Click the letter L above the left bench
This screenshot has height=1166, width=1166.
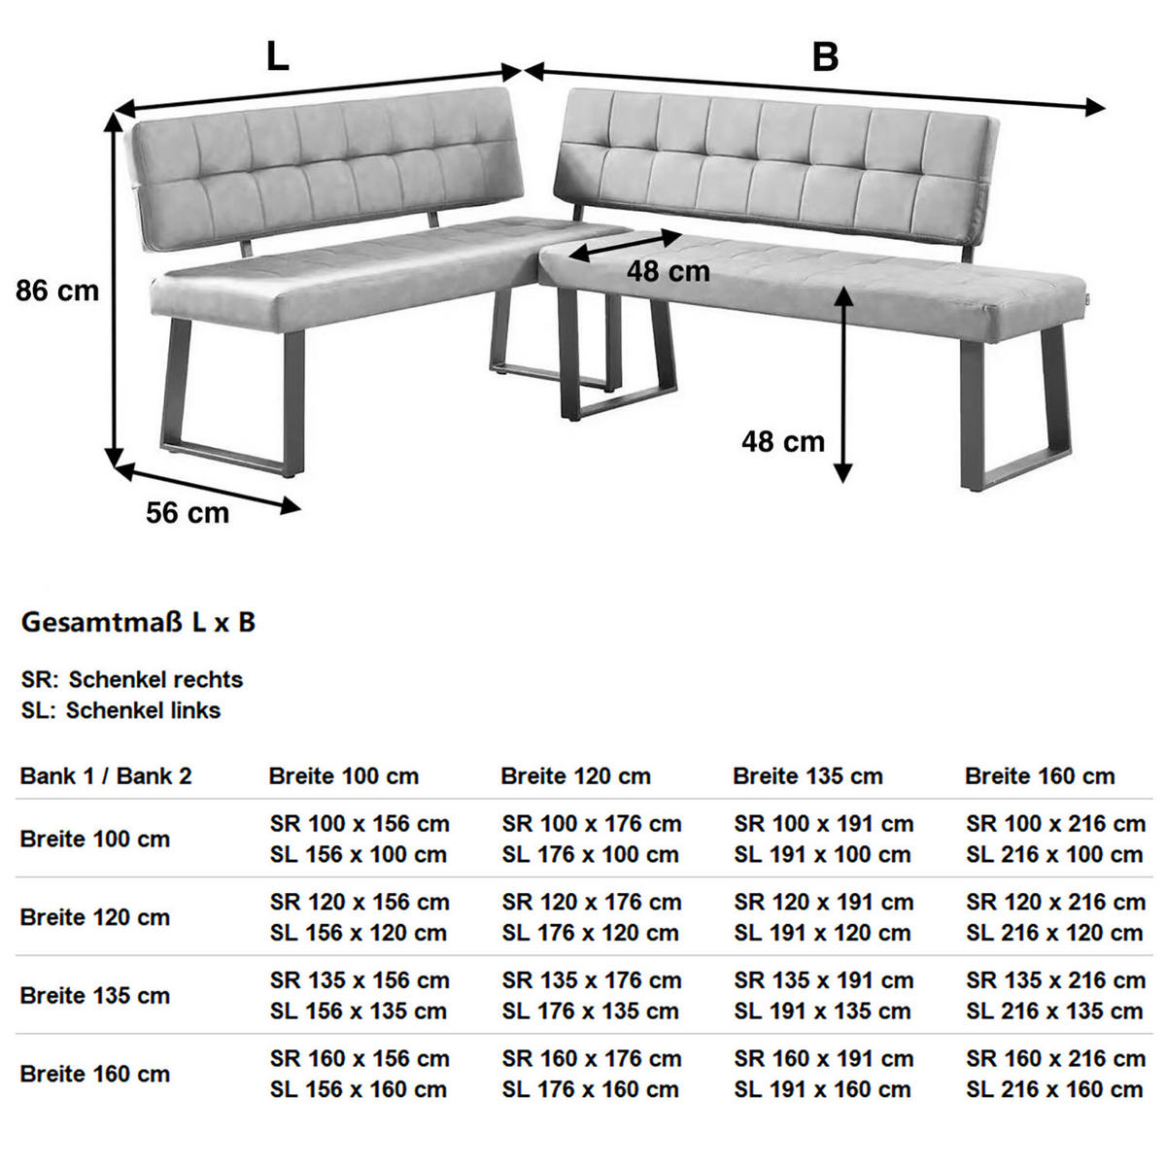(278, 57)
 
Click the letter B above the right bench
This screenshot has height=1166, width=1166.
(825, 57)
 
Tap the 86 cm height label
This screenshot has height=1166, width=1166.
(57, 290)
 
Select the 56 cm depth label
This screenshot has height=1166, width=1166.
(188, 512)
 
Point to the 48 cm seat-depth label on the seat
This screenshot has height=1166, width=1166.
(668, 271)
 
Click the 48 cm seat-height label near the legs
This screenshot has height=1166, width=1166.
(782, 441)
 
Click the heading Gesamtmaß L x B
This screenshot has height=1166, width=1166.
(138, 622)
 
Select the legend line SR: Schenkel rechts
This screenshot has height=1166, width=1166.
(132, 679)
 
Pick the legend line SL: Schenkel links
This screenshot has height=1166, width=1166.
(120, 710)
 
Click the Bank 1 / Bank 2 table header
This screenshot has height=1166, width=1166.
(106, 775)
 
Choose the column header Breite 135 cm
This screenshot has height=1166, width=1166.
(807, 775)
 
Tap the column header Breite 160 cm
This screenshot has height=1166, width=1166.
(1040, 775)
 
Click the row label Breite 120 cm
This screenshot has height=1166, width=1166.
(94, 917)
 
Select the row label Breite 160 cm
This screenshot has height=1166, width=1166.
(94, 1074)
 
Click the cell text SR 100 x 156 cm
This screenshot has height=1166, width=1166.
(360, 824)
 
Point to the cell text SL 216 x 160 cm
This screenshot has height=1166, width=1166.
(1054, 1089)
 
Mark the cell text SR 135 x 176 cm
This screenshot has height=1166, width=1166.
(592, 980)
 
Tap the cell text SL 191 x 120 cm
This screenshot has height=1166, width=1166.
(822, 933)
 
